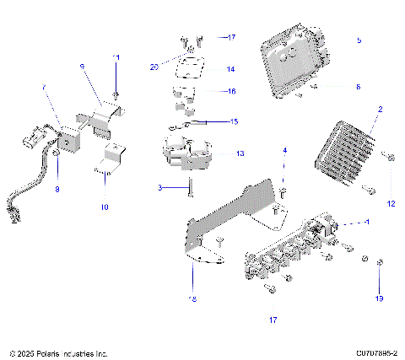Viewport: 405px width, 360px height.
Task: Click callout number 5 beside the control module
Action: click(359, 40)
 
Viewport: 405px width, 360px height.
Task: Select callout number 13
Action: click(240, 154)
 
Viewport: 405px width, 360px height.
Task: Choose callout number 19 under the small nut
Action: click(381, 299)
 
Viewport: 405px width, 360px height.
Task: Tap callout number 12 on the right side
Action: click(390, 203)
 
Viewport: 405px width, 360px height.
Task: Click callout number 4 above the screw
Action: click(284, 150)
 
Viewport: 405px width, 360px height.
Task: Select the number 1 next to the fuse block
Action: click(367, 221)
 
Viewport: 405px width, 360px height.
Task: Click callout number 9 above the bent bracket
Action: click(82, 66)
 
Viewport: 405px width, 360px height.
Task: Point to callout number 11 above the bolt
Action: click(116, 56)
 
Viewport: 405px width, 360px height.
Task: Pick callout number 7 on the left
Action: click(44, 87)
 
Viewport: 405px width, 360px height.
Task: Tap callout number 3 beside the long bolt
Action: click(159, 187)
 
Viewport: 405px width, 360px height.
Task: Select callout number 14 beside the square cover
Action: click(231, 69)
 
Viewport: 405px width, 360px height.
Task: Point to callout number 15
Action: click(234, 121)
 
